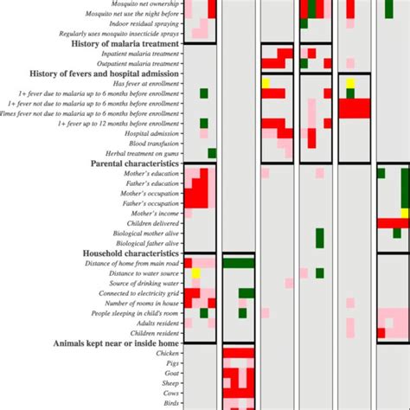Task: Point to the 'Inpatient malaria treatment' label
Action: click(x=140, y=54)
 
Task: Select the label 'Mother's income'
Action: click(x=155, y=213)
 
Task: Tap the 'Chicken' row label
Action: click(x=166, y=354)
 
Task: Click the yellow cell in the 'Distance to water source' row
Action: click(x=195, y=273)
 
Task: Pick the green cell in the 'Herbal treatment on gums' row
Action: click(x=212, y=153)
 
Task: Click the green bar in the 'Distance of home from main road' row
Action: click(x=239, y=263)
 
